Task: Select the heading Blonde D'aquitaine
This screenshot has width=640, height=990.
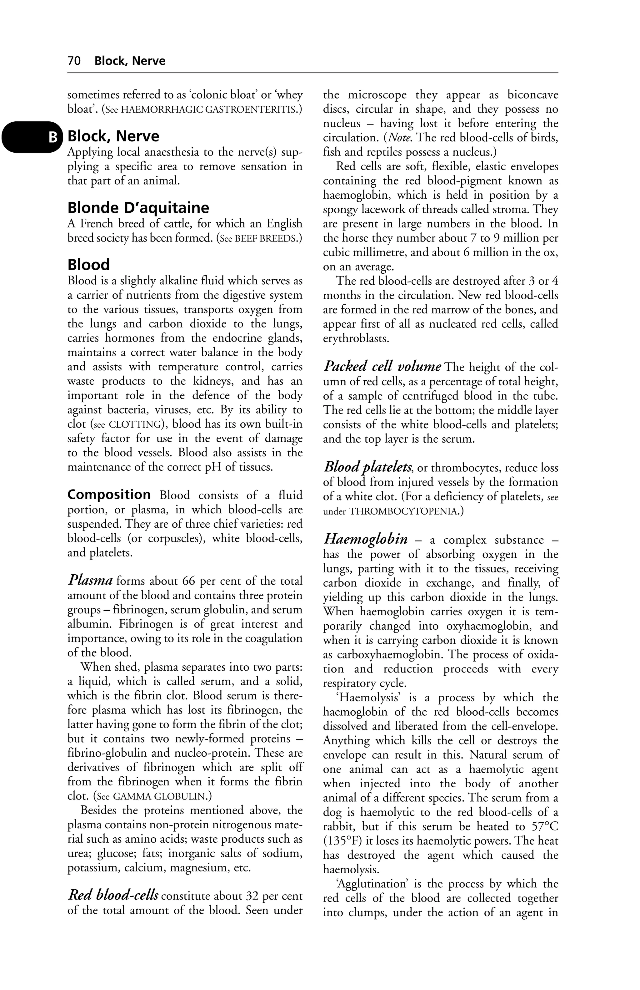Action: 138,208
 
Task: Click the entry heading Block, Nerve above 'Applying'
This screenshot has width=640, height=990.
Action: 113,136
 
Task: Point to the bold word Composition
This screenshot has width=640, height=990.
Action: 109,495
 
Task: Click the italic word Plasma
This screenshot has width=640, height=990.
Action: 90,580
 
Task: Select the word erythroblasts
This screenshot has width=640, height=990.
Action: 356,338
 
